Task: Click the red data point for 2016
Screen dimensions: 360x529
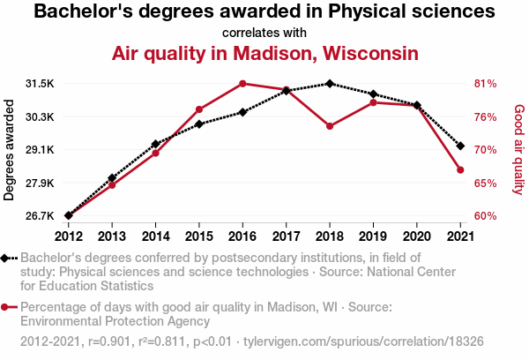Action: click(x=242, y=84)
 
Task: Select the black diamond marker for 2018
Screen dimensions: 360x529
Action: click(x=330, y=84)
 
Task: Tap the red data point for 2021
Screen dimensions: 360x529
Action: click(x=460, y=169)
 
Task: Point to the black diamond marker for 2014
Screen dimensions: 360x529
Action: click(x=155, y=144)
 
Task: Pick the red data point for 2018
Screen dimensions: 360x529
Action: click(x=330, y=126)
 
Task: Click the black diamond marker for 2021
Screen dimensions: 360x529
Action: click(x=460, y=146)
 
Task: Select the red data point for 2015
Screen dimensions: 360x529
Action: click(x=199, y=109)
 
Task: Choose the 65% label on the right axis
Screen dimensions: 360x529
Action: click(x=486, y=184)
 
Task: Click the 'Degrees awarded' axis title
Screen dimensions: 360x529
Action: click(x=10, y=150)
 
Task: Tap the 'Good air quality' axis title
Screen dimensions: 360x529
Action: click(x=518, y=150)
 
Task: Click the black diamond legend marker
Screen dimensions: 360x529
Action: click(x=6, y=258)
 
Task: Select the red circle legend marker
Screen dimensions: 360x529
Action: click(x=6, y=307)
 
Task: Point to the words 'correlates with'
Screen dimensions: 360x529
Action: click(x=264, y=33)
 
